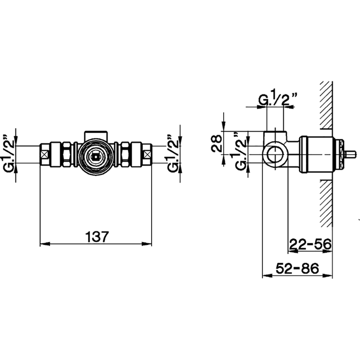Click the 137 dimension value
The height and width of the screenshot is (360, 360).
tap(97, 237)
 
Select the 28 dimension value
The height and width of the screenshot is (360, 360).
tap(217, 143)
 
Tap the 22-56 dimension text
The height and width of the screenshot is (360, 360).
tap(311, 244)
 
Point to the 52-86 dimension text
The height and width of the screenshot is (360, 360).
tap(297, 268)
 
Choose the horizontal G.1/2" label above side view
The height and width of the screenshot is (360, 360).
tap(278, 98)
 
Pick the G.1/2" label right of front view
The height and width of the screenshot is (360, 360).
tap(173, 153)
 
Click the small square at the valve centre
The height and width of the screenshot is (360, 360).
tap(95, 157)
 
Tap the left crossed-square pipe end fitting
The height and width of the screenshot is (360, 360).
tap(45, 154)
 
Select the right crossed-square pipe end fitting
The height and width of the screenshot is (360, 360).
tap(147, 154)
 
